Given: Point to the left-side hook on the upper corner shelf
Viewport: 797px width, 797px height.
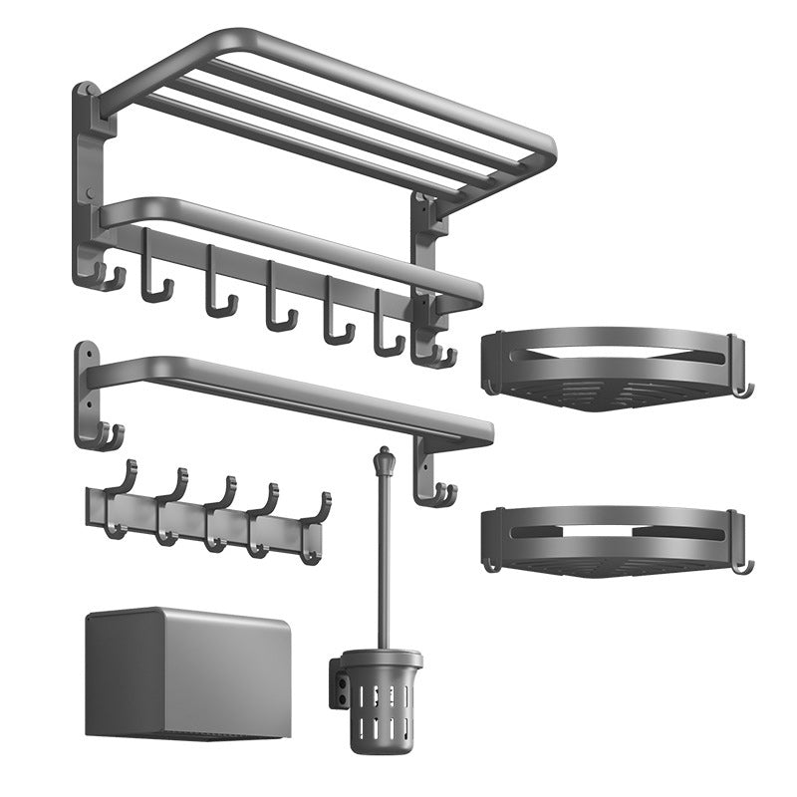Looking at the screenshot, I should [489, 385].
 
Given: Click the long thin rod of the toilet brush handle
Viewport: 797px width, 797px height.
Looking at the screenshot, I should [382, 558].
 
